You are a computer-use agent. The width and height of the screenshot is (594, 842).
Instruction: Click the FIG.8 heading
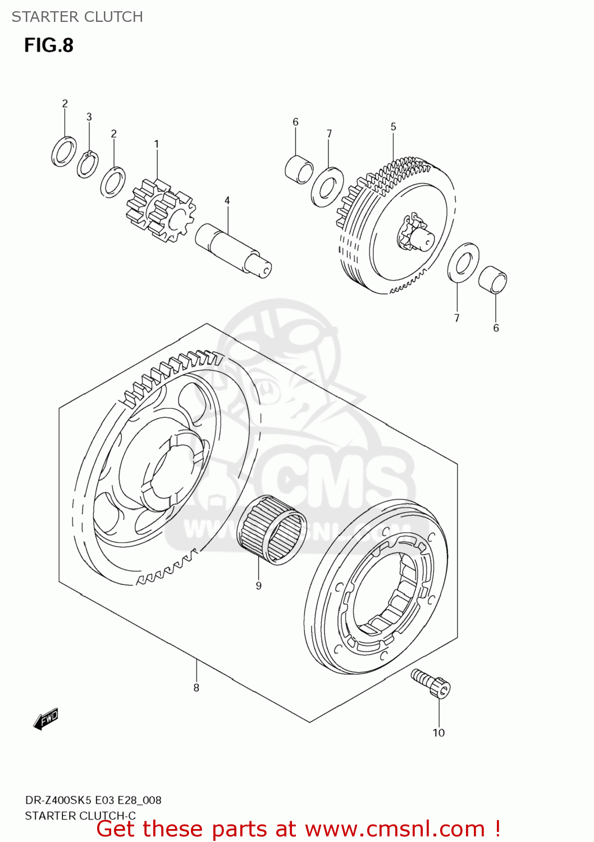tap(49, 45)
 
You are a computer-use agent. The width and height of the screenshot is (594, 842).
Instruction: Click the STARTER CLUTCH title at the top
tap(77, 17)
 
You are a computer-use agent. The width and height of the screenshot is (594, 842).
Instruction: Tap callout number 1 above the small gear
tap(157, 144)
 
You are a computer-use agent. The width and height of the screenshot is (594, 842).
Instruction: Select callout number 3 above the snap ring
tap(89, 117)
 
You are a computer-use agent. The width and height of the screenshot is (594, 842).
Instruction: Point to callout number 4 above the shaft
tap(227, 200)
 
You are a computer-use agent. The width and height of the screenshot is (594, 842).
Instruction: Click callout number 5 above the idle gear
tap(394, 127)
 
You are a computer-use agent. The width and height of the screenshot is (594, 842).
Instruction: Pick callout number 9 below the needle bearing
tap(259, 585)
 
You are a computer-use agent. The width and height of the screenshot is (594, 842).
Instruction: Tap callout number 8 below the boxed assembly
tap(197, 688)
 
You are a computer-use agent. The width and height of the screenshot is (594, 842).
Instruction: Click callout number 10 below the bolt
tap(438, 733)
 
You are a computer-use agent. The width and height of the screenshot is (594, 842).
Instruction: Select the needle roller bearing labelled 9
tap(272, 529)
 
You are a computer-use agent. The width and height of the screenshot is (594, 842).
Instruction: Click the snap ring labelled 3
tap(88, 164)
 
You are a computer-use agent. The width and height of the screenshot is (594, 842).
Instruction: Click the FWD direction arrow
tap(46, 719)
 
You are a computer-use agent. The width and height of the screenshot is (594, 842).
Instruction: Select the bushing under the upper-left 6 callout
tap(299, 168)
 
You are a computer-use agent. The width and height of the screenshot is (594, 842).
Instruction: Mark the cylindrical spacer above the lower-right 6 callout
tap(493, 279)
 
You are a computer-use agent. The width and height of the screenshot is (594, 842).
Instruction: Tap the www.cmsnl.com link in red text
tap(395, 829)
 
